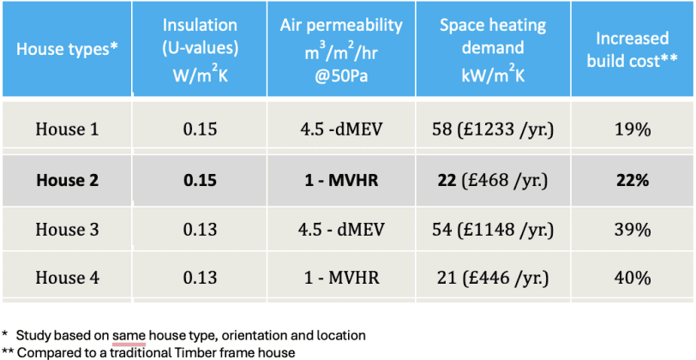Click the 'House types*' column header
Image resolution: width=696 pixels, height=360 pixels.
tap(67, 48)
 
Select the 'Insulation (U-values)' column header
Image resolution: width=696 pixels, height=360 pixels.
tap(200, 48)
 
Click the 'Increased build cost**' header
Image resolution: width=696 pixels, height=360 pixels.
tap(633, 48)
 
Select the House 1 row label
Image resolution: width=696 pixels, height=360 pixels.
tap(67, 129)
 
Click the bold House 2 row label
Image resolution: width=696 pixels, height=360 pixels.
tap(67, 180)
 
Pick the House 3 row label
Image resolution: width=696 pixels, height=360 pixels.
tap(67, 230)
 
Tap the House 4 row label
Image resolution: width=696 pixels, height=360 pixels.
tap(67, 279)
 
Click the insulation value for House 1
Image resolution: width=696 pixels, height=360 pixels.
tap(200, 129)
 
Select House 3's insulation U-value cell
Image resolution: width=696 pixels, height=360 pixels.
tap(200, 230)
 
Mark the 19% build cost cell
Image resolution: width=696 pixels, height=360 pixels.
tap(633, 129)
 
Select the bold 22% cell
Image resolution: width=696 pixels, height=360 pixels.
tap(633, 180)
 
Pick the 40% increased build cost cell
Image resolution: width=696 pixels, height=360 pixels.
tap(633, 279)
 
